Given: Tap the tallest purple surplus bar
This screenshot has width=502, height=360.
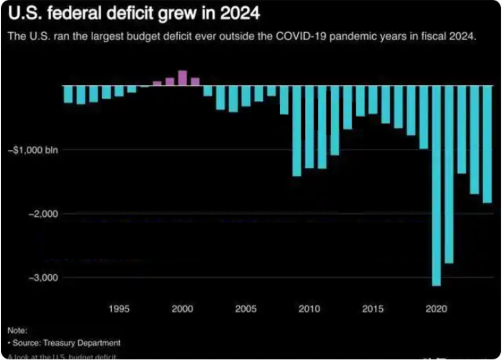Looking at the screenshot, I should pos(182,78).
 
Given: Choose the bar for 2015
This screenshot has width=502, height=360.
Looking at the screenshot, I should pos(373,100).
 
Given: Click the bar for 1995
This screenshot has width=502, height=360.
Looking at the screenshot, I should pos(119,91).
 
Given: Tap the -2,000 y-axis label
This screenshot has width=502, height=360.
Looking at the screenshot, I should pos(43,214).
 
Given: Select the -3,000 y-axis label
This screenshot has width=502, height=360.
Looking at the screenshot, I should pos(43,278).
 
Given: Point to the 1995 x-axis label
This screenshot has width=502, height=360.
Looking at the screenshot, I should pos(119,309).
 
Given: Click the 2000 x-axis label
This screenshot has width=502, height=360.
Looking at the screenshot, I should pos(182,309).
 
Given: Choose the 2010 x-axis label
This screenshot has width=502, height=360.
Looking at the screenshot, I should pos(309,309).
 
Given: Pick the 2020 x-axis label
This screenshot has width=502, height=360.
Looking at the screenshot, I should pos(436,309).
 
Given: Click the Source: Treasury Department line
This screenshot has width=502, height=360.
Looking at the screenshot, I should pos(66,343).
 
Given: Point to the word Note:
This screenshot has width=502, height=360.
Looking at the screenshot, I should pos(17,331).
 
